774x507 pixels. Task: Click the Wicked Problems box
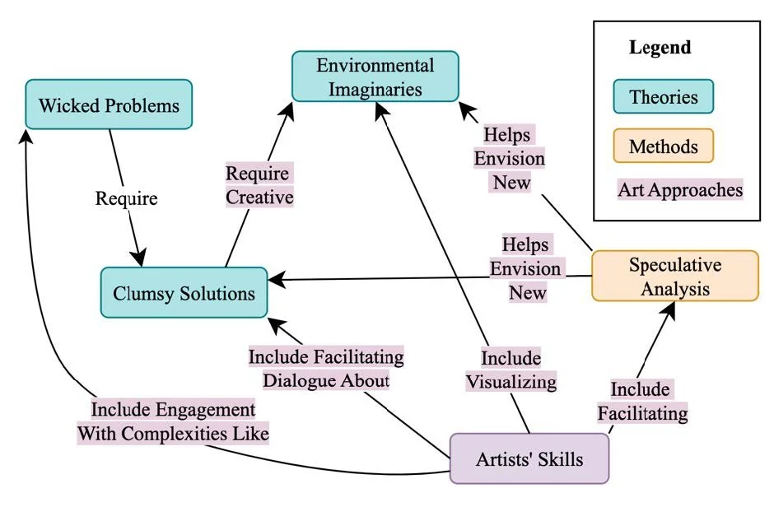[109, 105]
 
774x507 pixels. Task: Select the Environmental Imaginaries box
[375, 77]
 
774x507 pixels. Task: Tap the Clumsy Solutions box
[184, 292]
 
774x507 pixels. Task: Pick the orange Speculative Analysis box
[674, 277]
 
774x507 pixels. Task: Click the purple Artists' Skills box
[529, 458]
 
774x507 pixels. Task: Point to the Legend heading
[660, 47]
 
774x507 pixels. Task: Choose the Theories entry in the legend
[663, 96]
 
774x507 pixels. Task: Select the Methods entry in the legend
[663, 147]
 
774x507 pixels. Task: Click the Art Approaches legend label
[680, 190]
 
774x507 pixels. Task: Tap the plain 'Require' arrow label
[126, 198]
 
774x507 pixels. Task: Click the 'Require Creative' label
[259, 186]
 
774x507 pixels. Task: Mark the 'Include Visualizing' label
[511, 370]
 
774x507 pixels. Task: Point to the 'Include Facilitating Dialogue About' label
[327, 369]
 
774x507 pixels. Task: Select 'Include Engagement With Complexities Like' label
[173, 421]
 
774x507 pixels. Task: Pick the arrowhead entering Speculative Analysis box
[671, 309]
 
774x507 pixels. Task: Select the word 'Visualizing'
[511, 382]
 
